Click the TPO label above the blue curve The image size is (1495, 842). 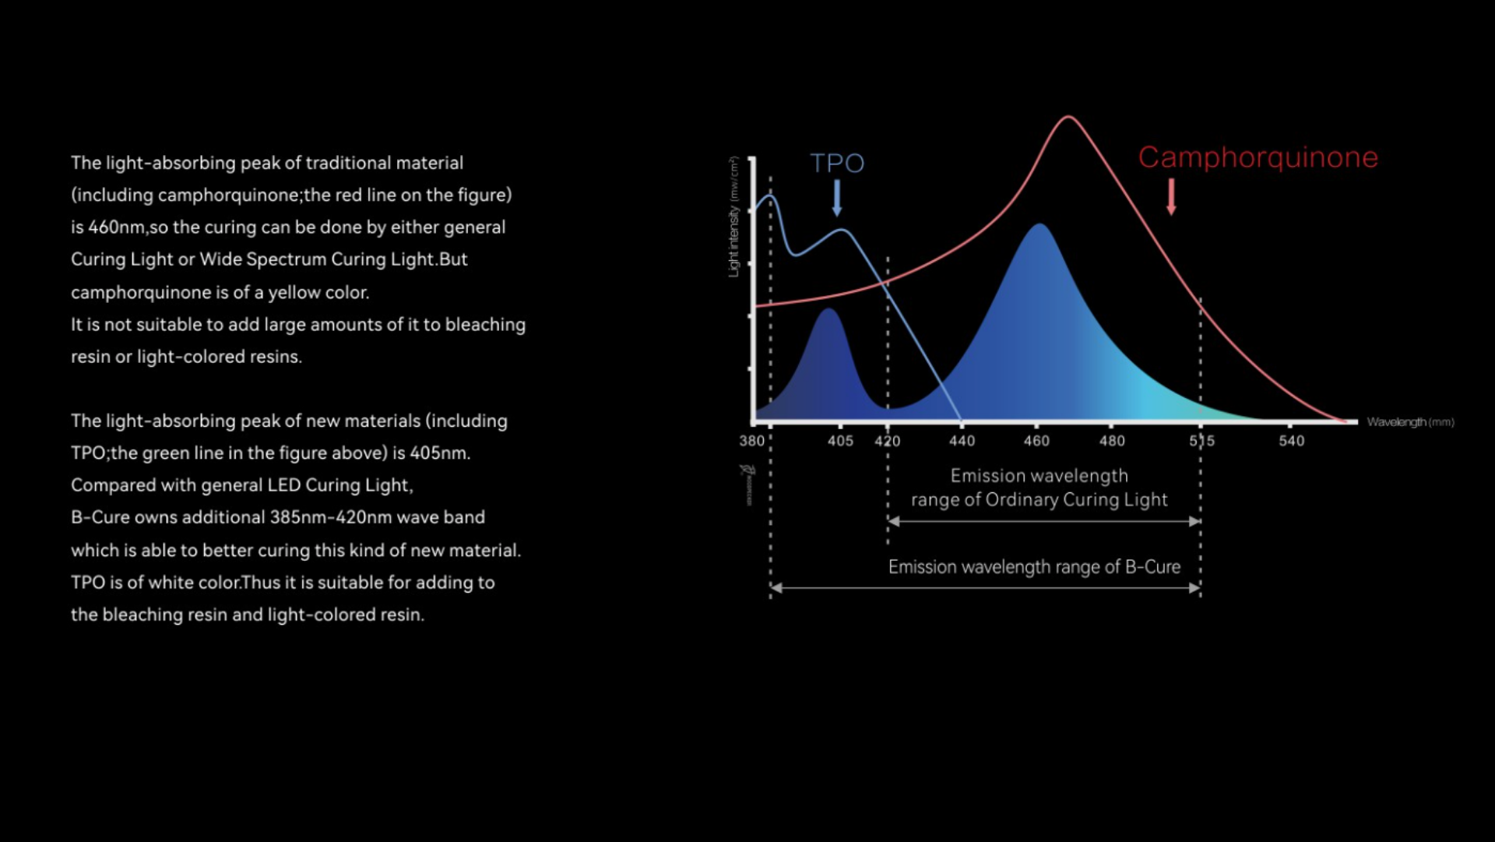click(x=837, y=163)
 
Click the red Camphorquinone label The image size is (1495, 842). click(x=1258, y=157)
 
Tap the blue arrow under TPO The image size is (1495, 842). click(x=837, y=198)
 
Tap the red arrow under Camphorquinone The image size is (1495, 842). click(x=1170, y=197)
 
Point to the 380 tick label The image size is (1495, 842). click(x=751, y=441)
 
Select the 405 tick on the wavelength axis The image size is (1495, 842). click(x=840, y=441)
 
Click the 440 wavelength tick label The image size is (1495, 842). click(x=962, y=441)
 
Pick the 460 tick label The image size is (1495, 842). click(x=1036, y=441)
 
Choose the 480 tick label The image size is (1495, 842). click(x=1112, y=441)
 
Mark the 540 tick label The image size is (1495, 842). click(x=1291, y=441)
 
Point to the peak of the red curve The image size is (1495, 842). click(x=1068, y=118)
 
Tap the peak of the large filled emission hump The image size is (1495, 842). click(x=1039, y=225)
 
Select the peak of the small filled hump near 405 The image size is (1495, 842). click(x=829, y=310)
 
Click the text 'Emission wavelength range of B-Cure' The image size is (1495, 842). click(x=1034, y=567)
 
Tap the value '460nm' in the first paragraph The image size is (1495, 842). click(x=116, y=227)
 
